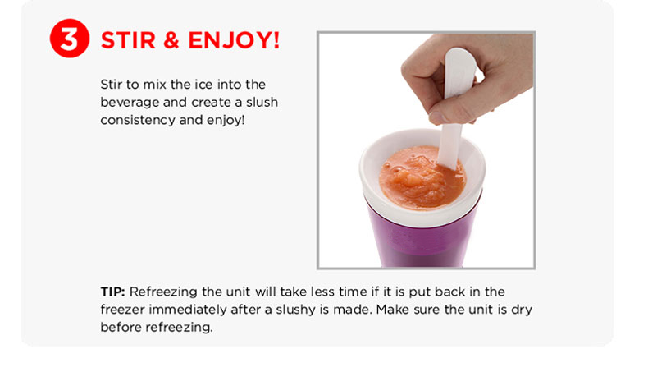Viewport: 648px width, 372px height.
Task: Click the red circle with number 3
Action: (70, 38)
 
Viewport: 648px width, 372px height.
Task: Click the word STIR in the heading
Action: (128, 40)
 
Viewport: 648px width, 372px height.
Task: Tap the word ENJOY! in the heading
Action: (234, 40)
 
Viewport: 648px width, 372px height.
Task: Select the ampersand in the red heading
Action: (171, 40)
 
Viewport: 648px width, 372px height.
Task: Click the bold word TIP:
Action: (112, 292)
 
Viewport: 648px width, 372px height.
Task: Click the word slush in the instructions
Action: (262, 102)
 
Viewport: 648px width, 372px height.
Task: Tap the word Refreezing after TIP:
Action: (163, 292)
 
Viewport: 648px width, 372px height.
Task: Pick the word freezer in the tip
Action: (122, 310)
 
